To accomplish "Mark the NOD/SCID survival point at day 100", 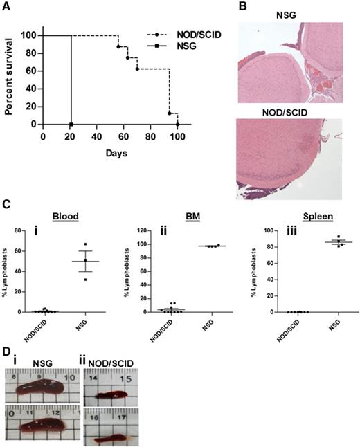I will point(178,125).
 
